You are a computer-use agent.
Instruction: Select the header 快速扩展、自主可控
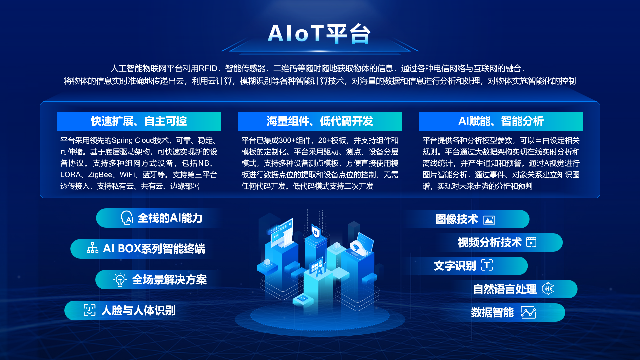139,121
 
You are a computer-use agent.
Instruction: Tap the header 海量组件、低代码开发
320,121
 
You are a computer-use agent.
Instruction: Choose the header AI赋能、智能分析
501,121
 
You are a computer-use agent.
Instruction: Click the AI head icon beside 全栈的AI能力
127,218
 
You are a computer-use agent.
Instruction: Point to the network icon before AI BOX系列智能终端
93,248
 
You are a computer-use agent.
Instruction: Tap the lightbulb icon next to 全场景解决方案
120,280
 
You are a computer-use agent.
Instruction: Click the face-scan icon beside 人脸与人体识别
89,310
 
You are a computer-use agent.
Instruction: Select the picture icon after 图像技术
489,219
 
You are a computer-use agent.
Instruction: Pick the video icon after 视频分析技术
531,242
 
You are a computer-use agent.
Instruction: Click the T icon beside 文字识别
487,265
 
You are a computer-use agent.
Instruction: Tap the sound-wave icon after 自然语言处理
548,289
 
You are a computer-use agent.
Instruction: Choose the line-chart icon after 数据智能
529,312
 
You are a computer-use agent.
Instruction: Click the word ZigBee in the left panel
100,175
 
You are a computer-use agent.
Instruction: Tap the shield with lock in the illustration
315,231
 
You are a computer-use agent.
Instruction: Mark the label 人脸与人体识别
138,310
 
